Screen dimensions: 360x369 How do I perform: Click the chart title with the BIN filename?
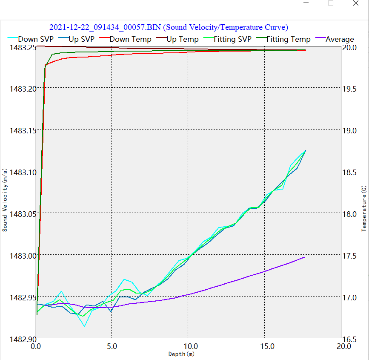[x=169, y=27]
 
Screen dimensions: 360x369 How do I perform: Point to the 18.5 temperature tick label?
[x=353, y=172]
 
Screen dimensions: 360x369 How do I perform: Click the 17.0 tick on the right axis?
[x=353, y=297]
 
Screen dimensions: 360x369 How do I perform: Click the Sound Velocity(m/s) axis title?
[x=5, y=200]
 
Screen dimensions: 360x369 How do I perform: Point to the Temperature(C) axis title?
[x=364, y=208]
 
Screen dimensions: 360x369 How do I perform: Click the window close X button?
[x=356, y=3]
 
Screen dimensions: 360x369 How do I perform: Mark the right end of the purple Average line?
[x=304, y=257]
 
